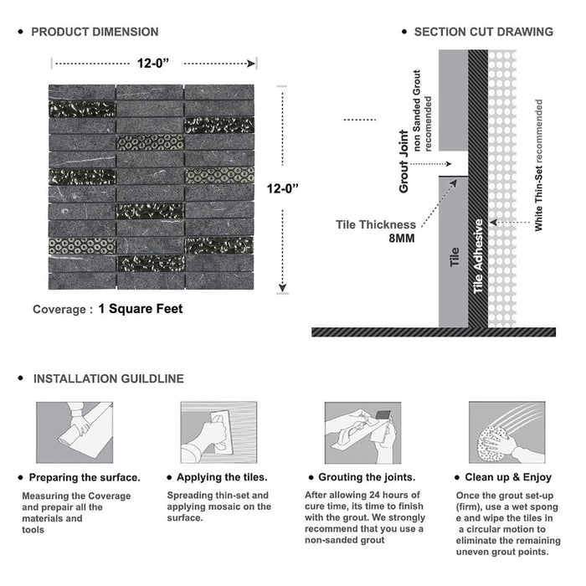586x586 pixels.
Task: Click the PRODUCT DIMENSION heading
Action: click(x=95, y=32)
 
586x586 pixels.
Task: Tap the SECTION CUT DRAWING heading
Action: click(x=483, y=32)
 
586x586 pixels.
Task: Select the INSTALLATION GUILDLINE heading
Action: click(x=108, y=378)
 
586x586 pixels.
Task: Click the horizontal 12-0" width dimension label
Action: click(x=155, y=61)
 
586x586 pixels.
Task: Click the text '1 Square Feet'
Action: click(x=140, y=308)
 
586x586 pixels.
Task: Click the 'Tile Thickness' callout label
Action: click(x=376, y=224)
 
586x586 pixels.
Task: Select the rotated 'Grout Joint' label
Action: click(x=404, y=161)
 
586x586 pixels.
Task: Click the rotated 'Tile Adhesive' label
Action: click(x=479, y=256)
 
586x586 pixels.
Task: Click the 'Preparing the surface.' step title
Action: click(x=85, y=477)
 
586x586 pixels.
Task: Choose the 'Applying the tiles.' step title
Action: click(x=224, y=477)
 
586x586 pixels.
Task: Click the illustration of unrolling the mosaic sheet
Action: click(x=74, y=433)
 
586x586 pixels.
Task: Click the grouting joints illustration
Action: click(x=362, y=433)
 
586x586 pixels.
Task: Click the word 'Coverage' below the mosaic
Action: click(x=59, y=309)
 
